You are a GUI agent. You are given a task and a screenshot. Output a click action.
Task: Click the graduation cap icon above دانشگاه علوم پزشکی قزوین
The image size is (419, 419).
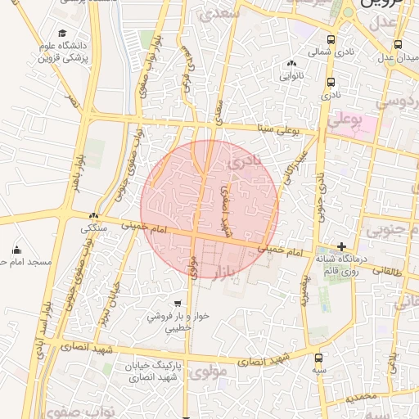[63, 33]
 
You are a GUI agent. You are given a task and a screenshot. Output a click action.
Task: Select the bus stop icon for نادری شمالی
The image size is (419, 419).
[331, 39]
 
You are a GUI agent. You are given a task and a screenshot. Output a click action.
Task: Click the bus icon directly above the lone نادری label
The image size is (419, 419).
[331, 82]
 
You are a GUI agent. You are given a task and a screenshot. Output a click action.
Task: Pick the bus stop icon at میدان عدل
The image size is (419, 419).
[398, 45]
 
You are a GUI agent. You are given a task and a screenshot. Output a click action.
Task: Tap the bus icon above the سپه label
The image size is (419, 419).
[319, 358]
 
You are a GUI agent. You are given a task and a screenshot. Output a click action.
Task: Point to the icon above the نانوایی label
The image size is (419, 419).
[292, 64]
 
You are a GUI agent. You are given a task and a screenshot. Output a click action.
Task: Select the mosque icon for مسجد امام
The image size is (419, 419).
[17, 250]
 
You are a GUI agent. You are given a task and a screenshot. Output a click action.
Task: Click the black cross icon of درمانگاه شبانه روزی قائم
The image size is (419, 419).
[341, 246]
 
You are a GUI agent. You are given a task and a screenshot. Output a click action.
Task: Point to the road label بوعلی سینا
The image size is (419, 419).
[277, 129]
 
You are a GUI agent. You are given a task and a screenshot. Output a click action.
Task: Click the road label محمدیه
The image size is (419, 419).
[360, 397]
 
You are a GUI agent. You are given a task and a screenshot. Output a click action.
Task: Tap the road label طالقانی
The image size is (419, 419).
[389, 271]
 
